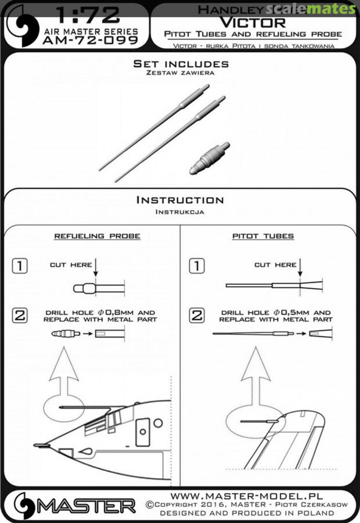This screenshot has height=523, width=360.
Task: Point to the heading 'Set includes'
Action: point(180,63)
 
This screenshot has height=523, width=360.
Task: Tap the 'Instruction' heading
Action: point(180,200)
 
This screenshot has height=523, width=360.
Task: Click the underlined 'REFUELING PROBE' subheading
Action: point(97,236)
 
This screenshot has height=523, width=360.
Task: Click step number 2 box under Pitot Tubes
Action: point(196,316)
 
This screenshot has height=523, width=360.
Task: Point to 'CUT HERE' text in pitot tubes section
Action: point(275,265)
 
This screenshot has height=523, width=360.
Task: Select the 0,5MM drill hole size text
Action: point(297,313)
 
